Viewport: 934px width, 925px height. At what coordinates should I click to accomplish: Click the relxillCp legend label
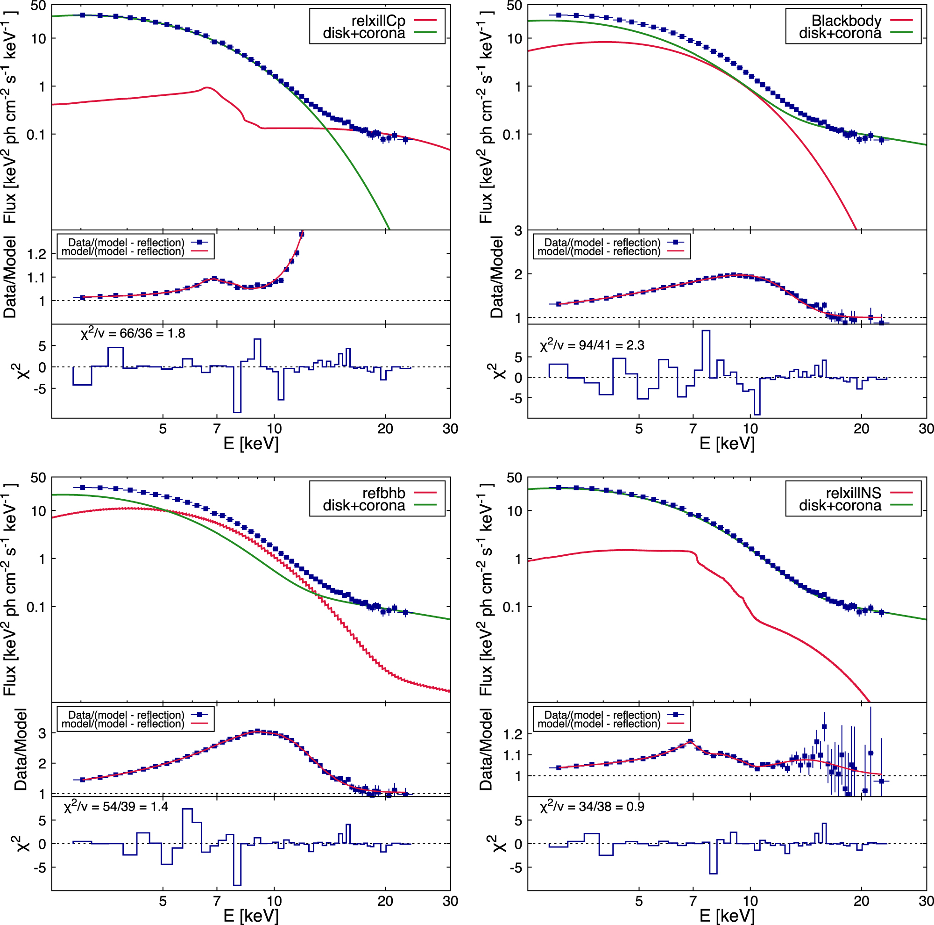click(378, 21)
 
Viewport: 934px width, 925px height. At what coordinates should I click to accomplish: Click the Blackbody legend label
click(846, 21)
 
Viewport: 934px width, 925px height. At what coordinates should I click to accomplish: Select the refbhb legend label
click(384, 493)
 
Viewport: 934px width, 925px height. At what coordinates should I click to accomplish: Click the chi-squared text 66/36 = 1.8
click(133, 333)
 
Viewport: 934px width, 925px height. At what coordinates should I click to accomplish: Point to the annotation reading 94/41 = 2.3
click(592, 345)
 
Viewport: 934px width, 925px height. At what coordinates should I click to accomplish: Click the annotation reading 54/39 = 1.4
click(116, 806)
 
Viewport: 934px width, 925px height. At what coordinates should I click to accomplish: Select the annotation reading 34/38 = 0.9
click(592, 806)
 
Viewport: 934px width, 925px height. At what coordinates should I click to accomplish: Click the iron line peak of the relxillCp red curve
click(207, 88)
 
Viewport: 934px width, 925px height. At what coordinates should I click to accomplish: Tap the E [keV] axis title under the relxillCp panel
click(251, 443)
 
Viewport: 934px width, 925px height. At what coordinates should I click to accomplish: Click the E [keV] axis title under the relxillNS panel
click(727, 915)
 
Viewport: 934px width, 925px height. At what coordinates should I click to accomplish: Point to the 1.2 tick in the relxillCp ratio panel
click(38, 254)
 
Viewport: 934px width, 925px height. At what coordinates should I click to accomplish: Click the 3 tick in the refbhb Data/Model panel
click(42, 733)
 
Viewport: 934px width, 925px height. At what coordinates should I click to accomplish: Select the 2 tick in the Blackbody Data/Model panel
click(518, 274)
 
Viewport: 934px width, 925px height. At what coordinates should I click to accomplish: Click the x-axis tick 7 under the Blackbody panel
click(693, 429)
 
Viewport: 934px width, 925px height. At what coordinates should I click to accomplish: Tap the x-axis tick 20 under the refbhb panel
click(385, 901)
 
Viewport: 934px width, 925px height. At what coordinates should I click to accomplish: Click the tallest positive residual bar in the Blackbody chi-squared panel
click(706, 353)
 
